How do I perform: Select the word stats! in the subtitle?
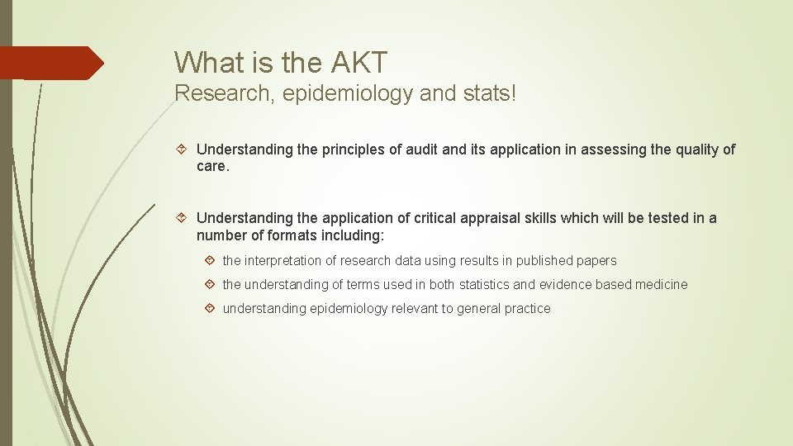click(488, 93)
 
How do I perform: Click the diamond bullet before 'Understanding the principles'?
click(183, 149)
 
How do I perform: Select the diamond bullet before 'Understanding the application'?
click(183, 218)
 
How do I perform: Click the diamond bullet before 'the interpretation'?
click(210, 261)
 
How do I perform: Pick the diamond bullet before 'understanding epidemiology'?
click(210, 309)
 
